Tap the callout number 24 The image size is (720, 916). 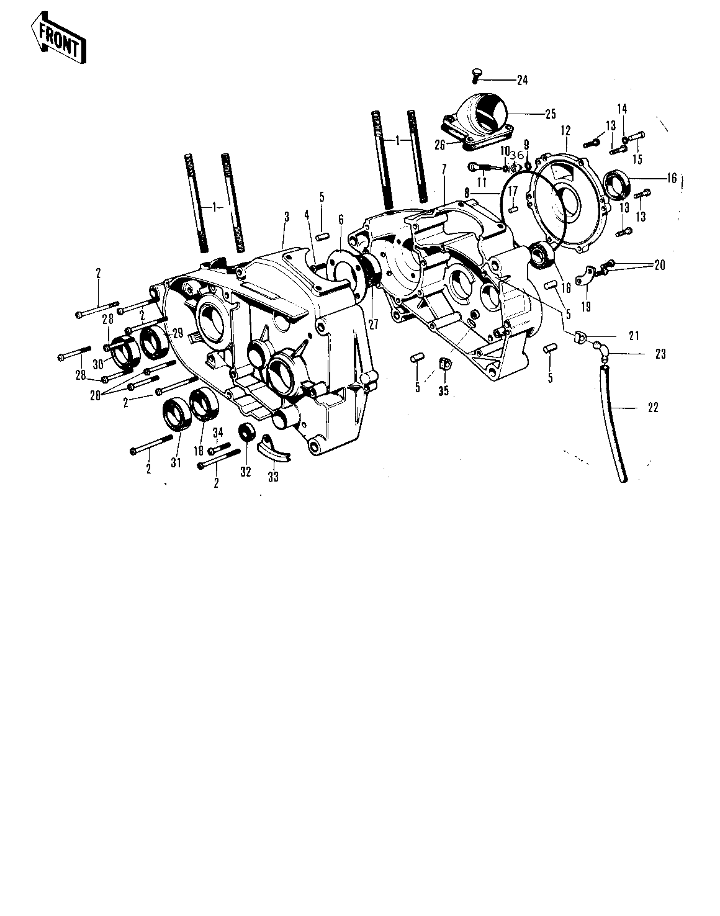point(522,80)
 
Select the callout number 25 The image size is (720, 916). point(550,114)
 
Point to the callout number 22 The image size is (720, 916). point(653,408)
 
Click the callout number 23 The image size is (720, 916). point(660,354)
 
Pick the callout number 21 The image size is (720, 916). point(634,336)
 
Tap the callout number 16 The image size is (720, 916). point(672,178)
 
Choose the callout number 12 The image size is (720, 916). point(565,131)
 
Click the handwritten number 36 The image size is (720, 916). point(517,155)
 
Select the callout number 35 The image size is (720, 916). point(443,391)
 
